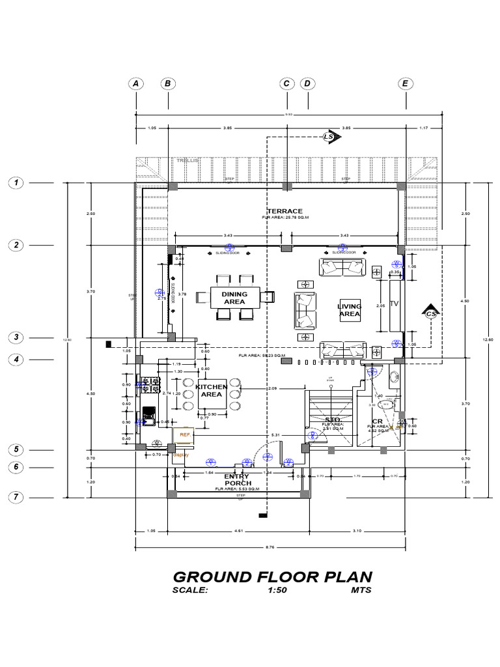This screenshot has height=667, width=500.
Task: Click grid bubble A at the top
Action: (135, 83)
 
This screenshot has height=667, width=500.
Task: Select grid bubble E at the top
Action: (405, 83)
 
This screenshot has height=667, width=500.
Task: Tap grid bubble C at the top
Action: (286, 83)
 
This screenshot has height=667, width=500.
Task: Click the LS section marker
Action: (329, 137)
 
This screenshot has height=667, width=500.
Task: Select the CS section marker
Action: (430, 314)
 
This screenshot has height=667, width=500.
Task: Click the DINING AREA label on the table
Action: (234, 298)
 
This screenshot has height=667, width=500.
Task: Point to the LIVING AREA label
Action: (349, 310)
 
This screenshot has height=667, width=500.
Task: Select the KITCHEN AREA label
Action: (212, 391)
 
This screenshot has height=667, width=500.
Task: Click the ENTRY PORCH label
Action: (237, 480)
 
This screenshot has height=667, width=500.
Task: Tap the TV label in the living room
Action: (393, 304)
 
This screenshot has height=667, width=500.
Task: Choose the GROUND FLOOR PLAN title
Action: (272, 577)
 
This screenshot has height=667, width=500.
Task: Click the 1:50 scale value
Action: (278, 591)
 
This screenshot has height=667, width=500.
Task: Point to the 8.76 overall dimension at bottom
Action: (270, 548)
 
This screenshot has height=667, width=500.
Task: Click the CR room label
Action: (378, 421)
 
